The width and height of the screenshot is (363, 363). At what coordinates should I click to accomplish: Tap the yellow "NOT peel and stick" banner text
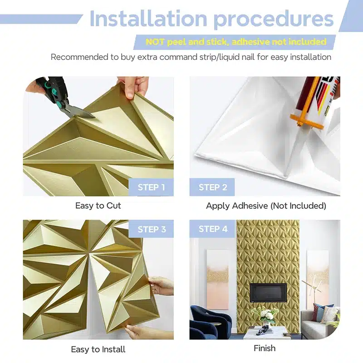(x=235, y=42)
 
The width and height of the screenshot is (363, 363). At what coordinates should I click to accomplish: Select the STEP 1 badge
(x=151, y=187)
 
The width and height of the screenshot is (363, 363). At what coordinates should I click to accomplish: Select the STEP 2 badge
(x=212, y=187)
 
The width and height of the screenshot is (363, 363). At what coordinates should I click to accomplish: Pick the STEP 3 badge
(x=151, y=229)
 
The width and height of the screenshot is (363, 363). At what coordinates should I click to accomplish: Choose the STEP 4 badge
(x=212, y=229)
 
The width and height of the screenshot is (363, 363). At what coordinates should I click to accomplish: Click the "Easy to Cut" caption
(x=98, y=206)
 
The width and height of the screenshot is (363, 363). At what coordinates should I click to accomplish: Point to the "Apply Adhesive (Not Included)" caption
(x=266, y=206)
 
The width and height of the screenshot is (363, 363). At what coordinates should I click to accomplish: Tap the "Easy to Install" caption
(x=98, y=349)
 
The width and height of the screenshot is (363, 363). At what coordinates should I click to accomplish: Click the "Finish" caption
(x=265, y=348)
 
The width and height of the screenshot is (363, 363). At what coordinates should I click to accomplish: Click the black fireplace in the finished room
(x=268, y=292)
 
